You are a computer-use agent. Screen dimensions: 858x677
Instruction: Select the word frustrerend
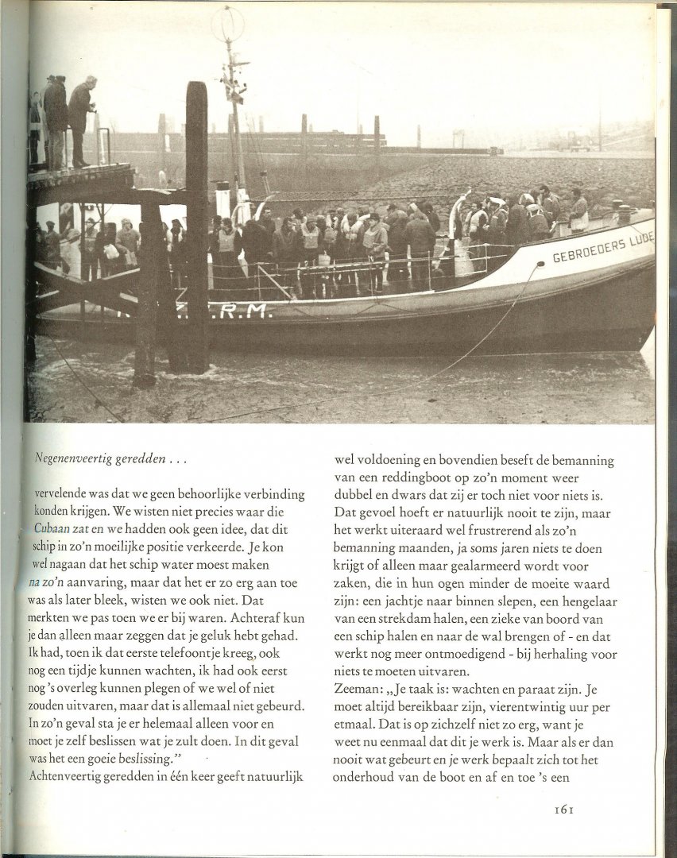[482, 530]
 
